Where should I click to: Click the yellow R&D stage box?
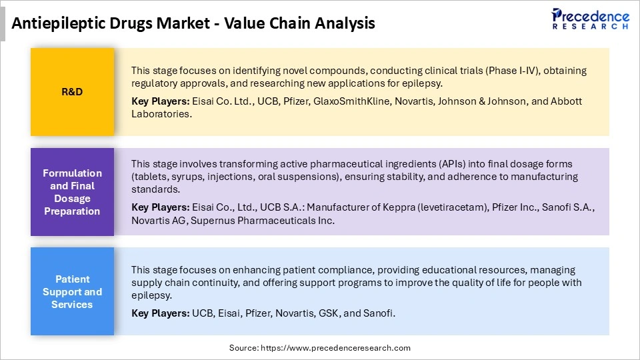(72, 92)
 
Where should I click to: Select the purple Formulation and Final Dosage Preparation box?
(72, 192)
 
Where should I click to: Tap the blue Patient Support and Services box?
(72, 291)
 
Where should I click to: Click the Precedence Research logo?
(589, 19)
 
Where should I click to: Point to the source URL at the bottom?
(320, 347)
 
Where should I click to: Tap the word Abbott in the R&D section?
(565, 101)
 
